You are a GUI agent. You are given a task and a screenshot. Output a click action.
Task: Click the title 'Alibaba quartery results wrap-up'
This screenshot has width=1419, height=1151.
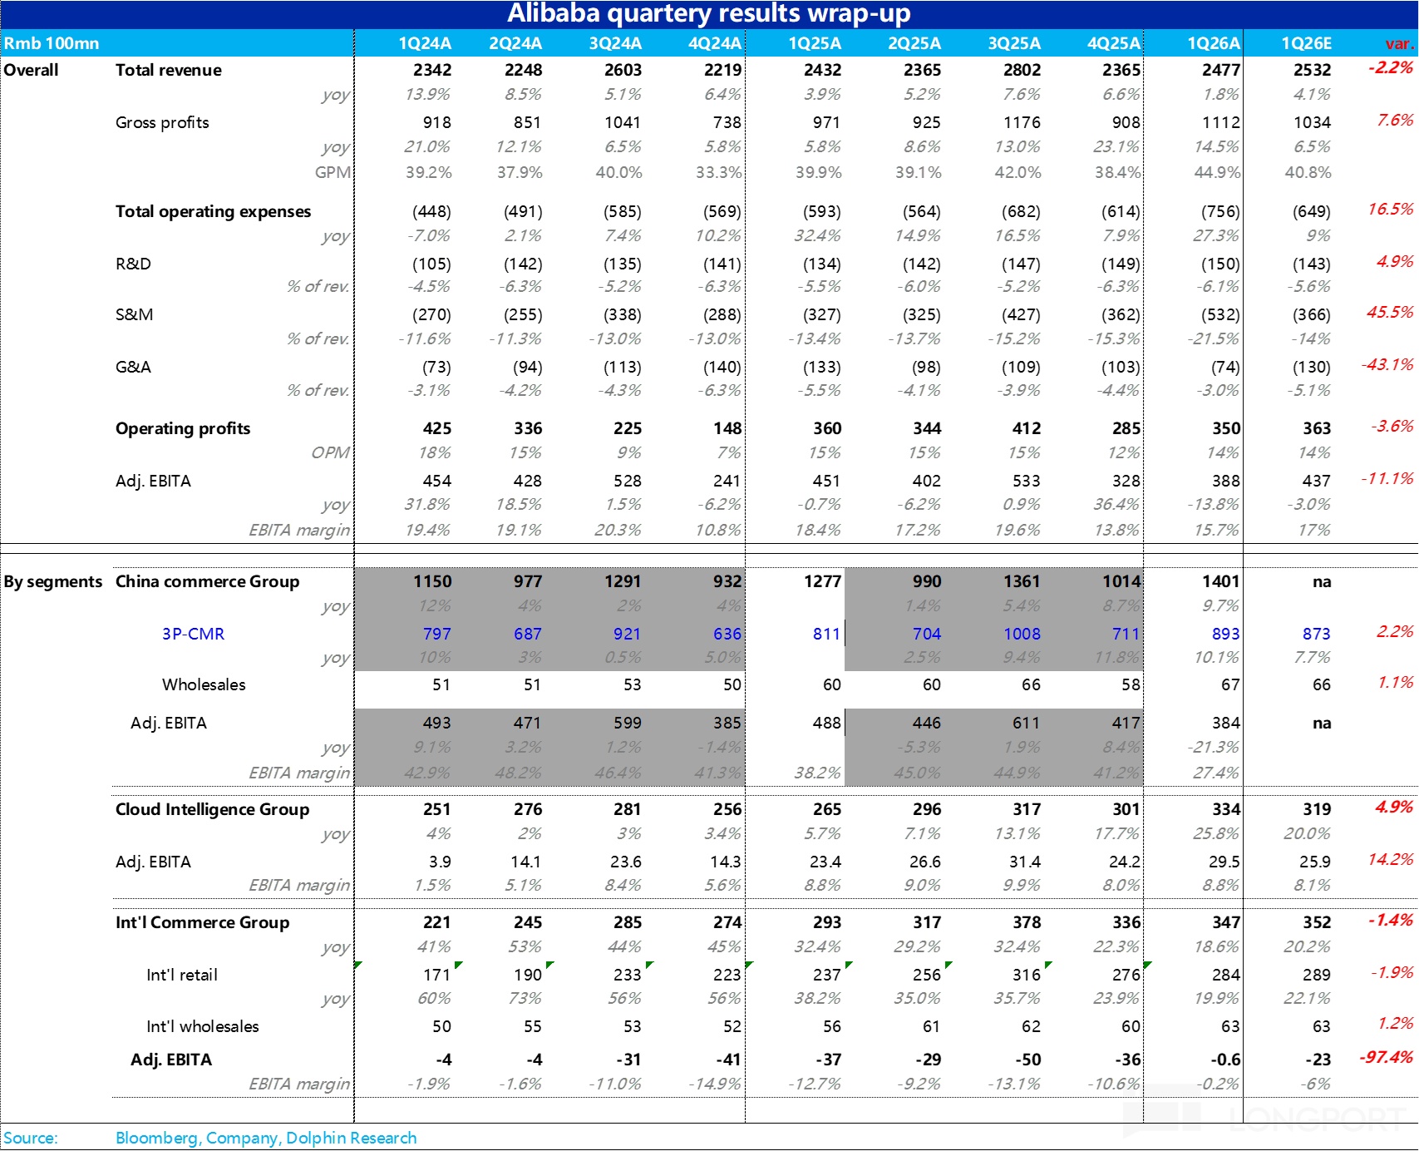click(x=708, y=14)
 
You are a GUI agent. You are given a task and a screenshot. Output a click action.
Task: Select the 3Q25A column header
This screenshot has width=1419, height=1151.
click(x=1014, y=43)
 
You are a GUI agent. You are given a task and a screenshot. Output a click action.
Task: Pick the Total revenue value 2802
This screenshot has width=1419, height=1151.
click(x=1022, y=70)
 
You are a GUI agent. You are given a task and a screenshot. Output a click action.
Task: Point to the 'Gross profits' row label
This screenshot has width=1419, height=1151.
click(x=162, y=122)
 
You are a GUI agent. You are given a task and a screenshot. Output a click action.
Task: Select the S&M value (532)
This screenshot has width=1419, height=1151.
click(x=1220, y=314)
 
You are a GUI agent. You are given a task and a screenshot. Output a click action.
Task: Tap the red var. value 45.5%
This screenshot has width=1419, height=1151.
click(x=1390, y=312)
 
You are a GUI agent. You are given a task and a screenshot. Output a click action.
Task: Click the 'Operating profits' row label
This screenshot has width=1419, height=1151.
click(x=183, y=428)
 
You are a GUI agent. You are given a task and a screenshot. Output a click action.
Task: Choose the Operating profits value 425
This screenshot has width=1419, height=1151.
click(x=436, y=428)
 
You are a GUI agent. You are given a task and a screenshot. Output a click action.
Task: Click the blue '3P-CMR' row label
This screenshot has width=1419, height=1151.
click(x=193, y=634)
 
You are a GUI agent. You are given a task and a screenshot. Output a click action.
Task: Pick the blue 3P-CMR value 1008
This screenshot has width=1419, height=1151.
click(x=1022, y=634)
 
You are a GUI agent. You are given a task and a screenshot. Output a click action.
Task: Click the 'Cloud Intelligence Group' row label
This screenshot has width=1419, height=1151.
click(x=212, y=809)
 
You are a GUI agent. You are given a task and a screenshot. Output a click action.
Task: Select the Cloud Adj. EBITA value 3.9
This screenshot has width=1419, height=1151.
click(x=440, y=862)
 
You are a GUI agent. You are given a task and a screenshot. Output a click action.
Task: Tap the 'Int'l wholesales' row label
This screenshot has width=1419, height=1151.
click(x=202, y=1026)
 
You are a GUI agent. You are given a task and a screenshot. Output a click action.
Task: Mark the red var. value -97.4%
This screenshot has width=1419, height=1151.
click(x=1386, y=1057)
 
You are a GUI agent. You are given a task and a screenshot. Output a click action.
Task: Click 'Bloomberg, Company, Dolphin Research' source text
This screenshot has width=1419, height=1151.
click(x=266, y=1138)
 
